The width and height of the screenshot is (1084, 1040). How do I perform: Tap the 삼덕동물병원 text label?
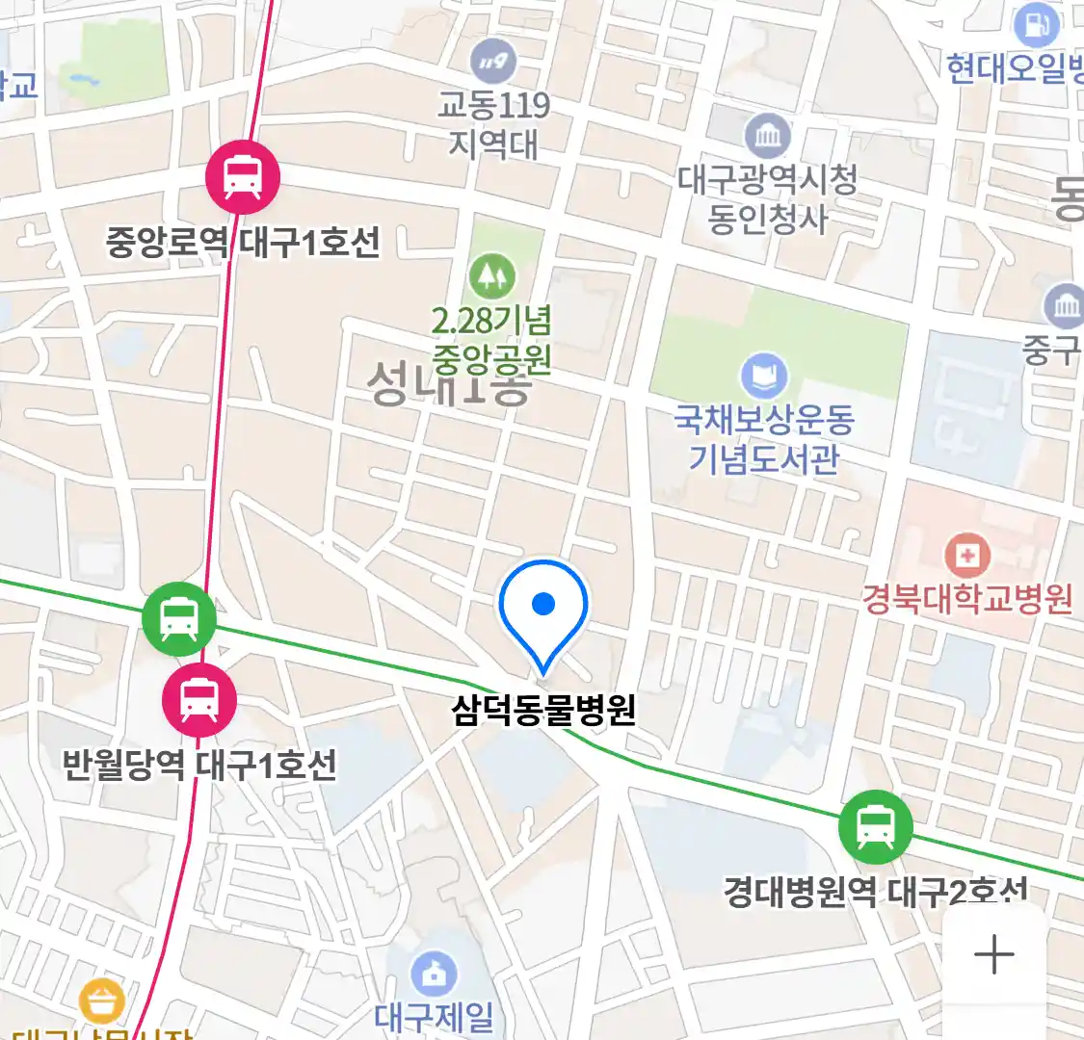point(543,711)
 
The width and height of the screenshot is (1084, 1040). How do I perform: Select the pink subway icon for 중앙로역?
point(243,177)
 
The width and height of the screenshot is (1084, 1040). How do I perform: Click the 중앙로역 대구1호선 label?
point(243,242)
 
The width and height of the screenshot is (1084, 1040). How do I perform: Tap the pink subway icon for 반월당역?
point(198,700)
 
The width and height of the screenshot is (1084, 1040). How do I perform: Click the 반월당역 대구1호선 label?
point(199,766)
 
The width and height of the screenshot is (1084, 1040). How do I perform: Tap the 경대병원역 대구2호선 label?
point(875,892)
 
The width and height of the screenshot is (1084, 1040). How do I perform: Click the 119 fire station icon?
point(493,64)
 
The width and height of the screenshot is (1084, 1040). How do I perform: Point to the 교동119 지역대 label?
point(493,124)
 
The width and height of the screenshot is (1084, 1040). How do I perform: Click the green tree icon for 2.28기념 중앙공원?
point(492,275)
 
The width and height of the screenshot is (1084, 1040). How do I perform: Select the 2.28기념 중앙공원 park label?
point(491,340)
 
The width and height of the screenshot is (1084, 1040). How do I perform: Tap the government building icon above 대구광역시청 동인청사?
point(767,136)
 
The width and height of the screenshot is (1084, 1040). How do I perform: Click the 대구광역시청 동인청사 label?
point(767,199)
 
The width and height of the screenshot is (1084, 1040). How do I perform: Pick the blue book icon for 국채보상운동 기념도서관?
point(764,377)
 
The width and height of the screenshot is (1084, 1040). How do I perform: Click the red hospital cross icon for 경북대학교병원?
point(966,555)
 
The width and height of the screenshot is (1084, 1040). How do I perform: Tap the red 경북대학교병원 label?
point(966,599)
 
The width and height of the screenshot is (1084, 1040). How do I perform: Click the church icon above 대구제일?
point(435,975)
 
